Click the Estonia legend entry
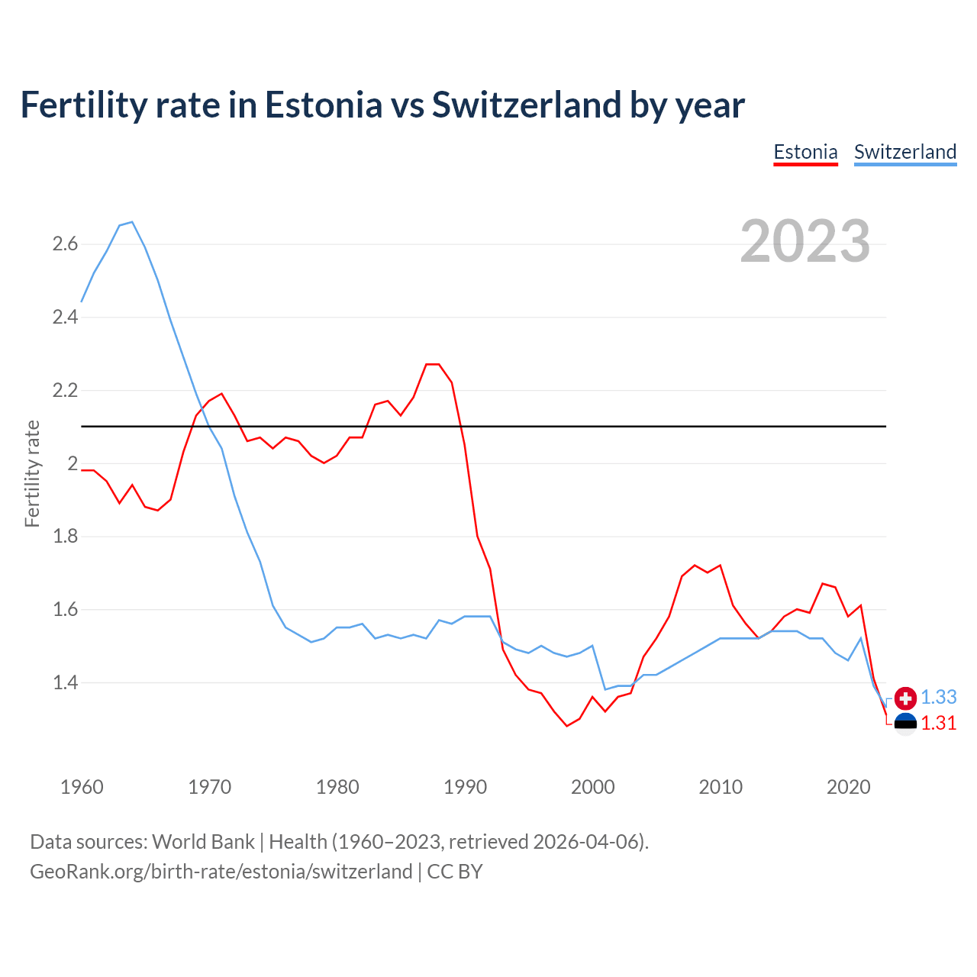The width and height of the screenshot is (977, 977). tap(805, 152)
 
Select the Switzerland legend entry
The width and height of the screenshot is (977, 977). tap(904, 152)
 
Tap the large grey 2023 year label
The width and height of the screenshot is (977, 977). tap(804, 241)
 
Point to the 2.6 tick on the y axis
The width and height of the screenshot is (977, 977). tap(65, 244)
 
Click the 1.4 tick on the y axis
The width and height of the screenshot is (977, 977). tap(65, 682)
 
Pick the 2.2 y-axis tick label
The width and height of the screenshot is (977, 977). tap(65, 391)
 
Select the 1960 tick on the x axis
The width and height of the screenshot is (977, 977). tap(82, 787)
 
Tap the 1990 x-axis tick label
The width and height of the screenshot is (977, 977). tap(465, 787)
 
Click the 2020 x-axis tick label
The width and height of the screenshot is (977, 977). tap(848, 787)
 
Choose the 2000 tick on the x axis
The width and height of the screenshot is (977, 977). tap(592, 787)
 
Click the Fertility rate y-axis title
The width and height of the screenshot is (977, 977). tap(32, 473)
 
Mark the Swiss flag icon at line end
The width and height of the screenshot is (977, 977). tap(905, 698)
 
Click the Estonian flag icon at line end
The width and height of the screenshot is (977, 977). tap(905, 724)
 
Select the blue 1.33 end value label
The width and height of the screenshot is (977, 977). tap(938, 697)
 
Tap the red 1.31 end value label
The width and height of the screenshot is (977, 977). tap(938, 723)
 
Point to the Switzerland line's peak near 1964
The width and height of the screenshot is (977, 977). tap(132, 222)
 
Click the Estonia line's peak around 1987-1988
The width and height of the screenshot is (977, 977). tap(433, 364)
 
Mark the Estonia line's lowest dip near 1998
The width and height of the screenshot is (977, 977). tap(567, 726)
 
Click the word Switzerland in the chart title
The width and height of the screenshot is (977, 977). tap(526, 105)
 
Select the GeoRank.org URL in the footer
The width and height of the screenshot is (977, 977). tap(221, 872)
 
